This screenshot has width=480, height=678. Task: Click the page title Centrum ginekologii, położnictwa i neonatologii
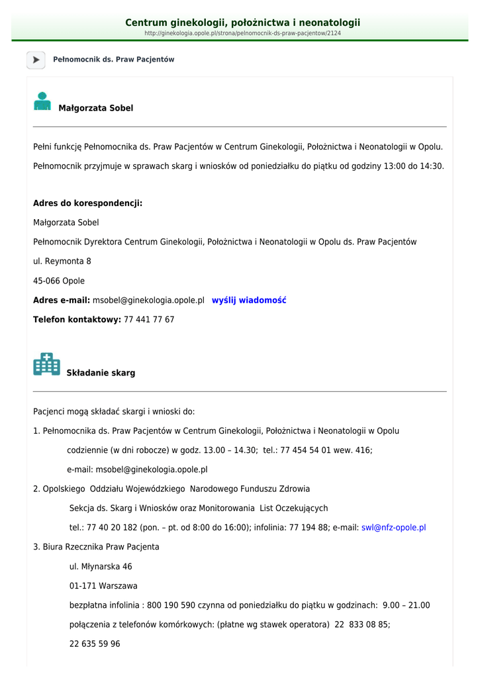coord(242,23)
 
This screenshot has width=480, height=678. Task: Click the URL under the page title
coord(242,33)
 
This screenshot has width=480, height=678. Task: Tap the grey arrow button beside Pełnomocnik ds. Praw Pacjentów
coord(36,60)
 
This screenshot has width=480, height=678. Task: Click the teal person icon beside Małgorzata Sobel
coord(42,101)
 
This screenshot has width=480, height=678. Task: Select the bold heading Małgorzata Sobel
coord(96,108)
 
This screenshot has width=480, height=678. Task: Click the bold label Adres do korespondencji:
coord(87,203)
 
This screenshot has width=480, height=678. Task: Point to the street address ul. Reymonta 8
coord(62,262)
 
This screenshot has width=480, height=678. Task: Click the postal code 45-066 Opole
coord(59,281)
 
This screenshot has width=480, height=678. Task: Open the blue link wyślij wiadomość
coord(249,300)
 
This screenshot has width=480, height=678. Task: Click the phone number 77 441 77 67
coord(149,320)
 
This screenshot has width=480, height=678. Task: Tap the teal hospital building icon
coord(46,364)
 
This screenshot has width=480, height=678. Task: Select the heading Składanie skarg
coord(101,373)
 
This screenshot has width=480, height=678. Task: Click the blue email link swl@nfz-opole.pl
coord(393,528)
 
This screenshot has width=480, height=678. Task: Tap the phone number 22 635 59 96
coord(95,644)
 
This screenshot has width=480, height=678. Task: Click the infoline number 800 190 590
coord(171,605)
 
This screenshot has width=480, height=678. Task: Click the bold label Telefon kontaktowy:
coord(77,320)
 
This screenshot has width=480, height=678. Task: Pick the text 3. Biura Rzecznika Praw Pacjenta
coord(96,547)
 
